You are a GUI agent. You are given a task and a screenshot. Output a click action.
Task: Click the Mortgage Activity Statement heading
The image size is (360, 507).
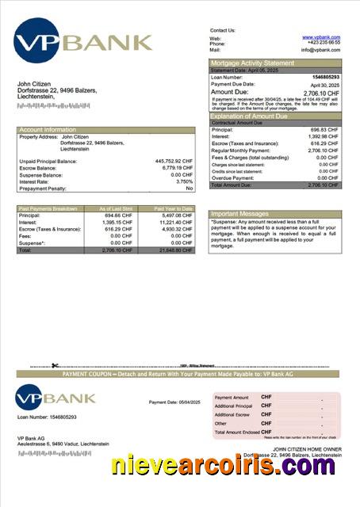coord(251,63)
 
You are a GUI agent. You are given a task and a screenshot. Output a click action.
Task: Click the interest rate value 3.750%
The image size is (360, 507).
coord(180,181)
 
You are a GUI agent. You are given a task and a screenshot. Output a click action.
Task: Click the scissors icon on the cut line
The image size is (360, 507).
coord(55,366)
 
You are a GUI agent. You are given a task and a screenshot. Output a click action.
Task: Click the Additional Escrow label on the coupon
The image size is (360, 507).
coord(232,414)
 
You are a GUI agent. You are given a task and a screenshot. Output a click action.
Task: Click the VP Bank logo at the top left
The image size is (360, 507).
coord(83,42)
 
